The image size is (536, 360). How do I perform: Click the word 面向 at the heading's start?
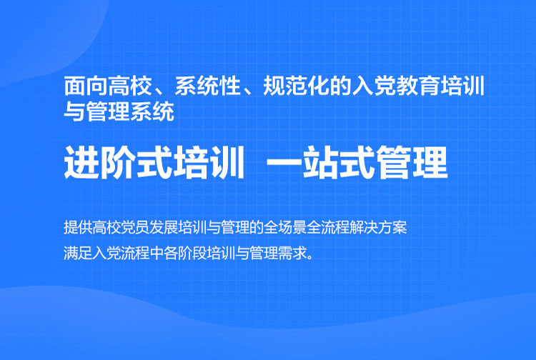coord(86,86)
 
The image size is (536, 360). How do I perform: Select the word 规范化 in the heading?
coord(296,86)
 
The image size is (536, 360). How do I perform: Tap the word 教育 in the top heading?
coord(417,86)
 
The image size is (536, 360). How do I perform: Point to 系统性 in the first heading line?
coord(208,86)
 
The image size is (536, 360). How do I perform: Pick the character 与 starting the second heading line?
coord(74,111)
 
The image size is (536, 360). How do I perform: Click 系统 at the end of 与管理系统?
coord(152,111)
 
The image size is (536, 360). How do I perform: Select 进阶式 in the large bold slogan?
coord(118,162)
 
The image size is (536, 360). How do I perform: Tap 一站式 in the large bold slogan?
coord(320,162)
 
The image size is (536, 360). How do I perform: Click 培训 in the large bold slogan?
coord(209,162)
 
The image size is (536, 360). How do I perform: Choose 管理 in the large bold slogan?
coord(412,162)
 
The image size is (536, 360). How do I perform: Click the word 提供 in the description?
coord(78,228)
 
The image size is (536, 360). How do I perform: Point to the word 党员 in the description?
coord(135,228)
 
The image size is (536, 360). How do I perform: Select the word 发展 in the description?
coord(164,228)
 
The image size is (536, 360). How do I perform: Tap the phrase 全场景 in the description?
coord(286,228)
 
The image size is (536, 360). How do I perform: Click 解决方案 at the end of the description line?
coord(378,228)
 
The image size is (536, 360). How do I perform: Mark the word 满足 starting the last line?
coord(78,253)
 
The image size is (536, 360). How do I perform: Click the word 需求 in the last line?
coord(293,253)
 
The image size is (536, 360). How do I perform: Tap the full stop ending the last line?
coord(310,257)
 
